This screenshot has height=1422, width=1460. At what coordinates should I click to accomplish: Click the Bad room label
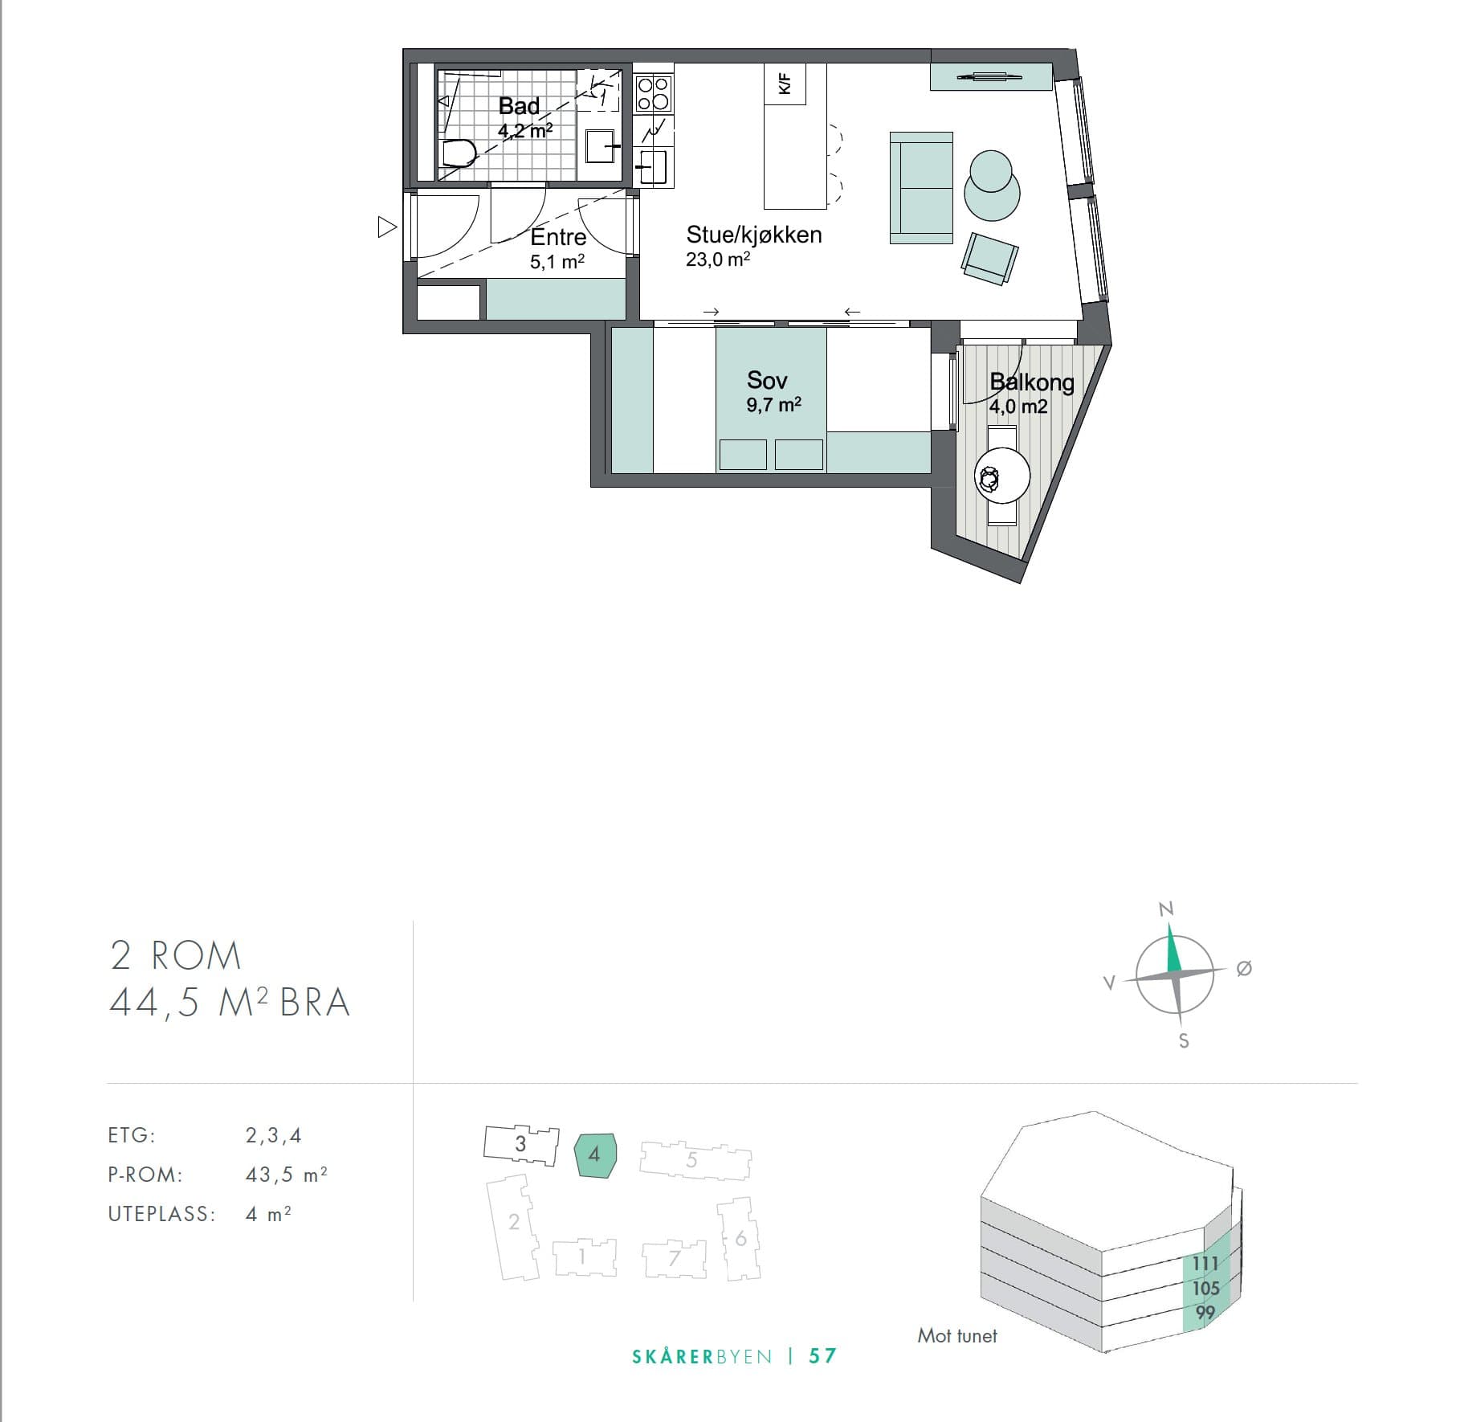pyautogui.click(x=519, y=106)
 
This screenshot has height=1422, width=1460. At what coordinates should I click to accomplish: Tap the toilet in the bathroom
pyautogui.click(x=459, y=153)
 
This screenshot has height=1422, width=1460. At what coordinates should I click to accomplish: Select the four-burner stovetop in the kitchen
pyautogui.click(x=653, y=93)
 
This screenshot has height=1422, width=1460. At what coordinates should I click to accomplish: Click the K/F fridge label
pyautogui.click(x=785, y=84)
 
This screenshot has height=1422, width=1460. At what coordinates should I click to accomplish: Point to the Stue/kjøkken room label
pyautogui.click(x=754, y=235)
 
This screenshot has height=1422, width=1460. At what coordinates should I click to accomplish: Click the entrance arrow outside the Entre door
pyautogui.click(x=387, y=227)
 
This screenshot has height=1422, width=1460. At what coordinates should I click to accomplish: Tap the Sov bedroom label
pyautogui.click(x=767, y=380)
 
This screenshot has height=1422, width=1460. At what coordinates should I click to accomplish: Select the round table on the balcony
pyautogui.click(x=1002, y=476)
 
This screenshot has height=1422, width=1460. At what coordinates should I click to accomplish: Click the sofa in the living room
pyautogui.click(x=921, y=188)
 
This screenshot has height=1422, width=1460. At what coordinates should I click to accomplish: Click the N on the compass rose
pyautogui.click(x=1166, y=909)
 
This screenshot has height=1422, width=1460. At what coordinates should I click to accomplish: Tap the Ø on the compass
pyautogui.click(x=1244, y=969)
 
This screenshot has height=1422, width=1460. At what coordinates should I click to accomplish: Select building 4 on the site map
pyautogui.click(x=595, y=1155)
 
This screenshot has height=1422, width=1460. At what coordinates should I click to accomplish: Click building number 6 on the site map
pyautogui.click(x=741, y=1239)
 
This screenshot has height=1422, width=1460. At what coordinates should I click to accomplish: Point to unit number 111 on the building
pyautogui.click(x=1205, y=1264)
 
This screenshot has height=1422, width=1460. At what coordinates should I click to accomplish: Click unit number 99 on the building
pyautogui.click(x=1205, y=1313)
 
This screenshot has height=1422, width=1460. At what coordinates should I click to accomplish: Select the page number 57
pyautogui.click(x=823, y=1356)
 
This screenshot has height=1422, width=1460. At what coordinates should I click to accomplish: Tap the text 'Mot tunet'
pyautogui.click(x=957, y=1336)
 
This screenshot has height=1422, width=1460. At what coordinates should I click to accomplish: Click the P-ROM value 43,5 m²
pyautogui.click(x=287, y=1175)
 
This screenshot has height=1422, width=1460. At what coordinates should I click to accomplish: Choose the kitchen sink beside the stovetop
pyautogui.click(x=653, y=167)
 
